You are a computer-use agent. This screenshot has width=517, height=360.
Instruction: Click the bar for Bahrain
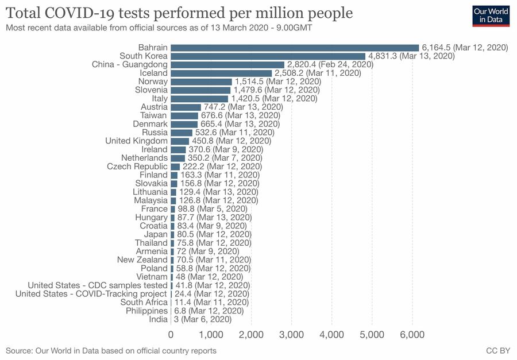295,48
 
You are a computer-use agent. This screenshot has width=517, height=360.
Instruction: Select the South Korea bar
268,56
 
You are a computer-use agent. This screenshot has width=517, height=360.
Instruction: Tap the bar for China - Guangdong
227,65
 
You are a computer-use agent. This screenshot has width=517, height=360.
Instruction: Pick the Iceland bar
221,73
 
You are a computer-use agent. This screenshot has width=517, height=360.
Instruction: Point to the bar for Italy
199,99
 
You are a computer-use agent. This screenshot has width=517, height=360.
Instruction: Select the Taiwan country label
154,115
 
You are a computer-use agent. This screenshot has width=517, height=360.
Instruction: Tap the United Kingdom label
137,141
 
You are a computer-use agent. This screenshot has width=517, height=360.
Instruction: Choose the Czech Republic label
137,167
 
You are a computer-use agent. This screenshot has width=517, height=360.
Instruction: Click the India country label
159,319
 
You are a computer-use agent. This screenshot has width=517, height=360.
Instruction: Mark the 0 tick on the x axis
171,335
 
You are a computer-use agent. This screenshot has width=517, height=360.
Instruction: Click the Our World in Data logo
491,16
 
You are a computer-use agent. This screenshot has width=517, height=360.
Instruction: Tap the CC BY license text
498,350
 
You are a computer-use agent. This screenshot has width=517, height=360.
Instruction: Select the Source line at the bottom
111,350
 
